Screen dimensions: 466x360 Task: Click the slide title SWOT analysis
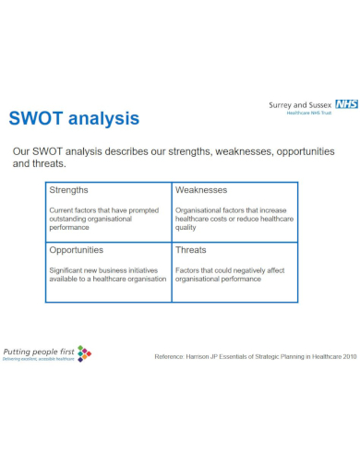[74, 119]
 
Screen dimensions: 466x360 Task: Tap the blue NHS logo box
[347, 104]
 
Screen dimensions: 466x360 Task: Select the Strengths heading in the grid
[69, 190]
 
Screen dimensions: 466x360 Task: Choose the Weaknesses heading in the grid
[201, 190]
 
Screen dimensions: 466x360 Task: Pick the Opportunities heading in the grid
[77, 250]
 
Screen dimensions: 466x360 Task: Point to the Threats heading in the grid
[191, 250]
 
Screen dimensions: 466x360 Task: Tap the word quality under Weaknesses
[187, 229]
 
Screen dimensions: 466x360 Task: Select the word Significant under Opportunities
[70, 270]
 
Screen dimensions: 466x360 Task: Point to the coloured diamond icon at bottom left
[84, 352]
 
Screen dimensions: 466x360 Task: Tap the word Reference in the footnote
[172, 356]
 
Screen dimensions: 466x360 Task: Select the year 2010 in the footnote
[345, 356]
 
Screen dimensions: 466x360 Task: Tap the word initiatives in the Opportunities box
[139, 270]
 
